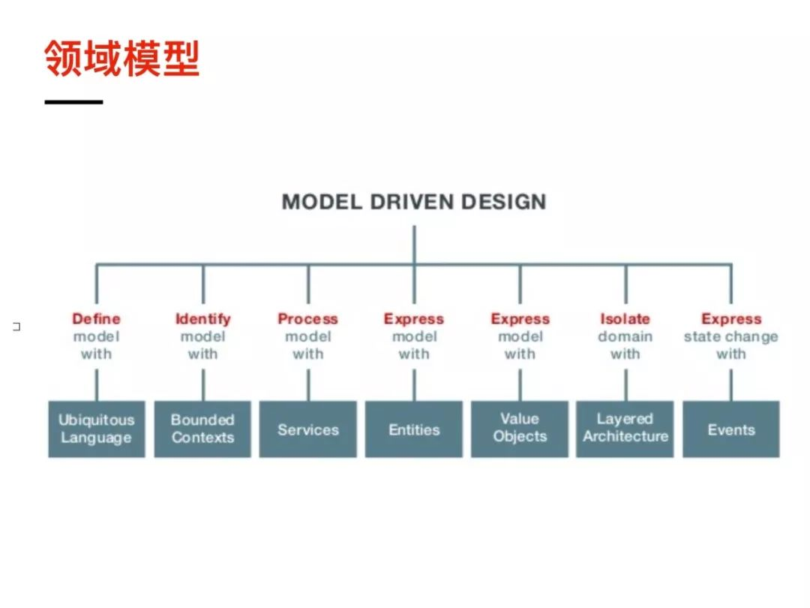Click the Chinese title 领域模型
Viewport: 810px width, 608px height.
(122, 59)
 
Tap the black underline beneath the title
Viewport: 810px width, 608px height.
(73, 101)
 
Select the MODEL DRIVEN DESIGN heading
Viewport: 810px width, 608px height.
(414, 202)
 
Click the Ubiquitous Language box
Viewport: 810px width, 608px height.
(97, 429)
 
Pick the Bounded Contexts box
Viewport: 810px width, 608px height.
(202, 429)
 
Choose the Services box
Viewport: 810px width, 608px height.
(308, 429)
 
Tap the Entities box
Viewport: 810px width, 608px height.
(414, 429)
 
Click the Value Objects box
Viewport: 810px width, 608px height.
(520, 429)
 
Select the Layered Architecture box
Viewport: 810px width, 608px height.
(625, 429)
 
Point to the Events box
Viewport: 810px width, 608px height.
(731, 429)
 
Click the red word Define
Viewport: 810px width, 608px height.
(96, 319)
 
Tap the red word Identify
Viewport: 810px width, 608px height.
(202, 319)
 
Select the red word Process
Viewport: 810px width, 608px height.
(308, 319)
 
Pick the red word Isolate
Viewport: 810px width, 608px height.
(625, 319)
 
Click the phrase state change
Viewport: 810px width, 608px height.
(731, 337)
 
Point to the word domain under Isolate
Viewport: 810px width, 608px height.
(625, 337)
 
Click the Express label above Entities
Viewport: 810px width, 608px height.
(414, 319)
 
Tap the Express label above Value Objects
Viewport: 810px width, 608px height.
(520, 319)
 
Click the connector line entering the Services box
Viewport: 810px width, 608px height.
(308, 384)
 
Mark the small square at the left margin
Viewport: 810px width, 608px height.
(16, 327)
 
